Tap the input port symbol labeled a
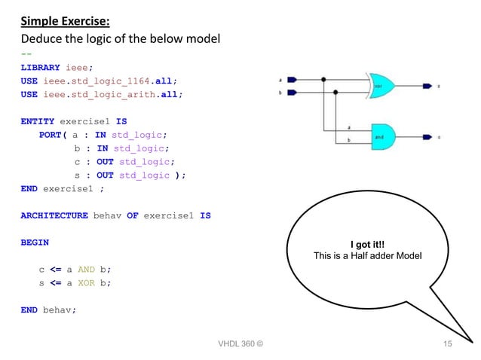tap(292, 79)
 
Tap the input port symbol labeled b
tap(292, 92)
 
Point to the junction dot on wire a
tap(324, 79)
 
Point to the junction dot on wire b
tap(335, 92)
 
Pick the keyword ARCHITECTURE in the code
tap(54, 215)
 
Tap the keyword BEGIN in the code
tap(35, 243)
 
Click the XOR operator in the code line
tap(84, 283)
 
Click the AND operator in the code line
tap(84, 270)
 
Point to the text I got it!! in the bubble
tap(369, 245)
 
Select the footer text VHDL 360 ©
tap(240, 344)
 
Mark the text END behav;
tap(49, 310)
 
